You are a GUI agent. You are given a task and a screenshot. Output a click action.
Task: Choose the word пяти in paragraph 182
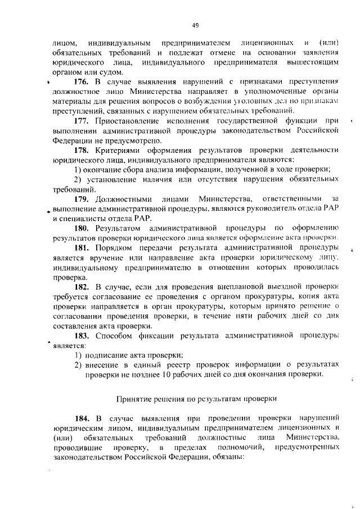[271, 317]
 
